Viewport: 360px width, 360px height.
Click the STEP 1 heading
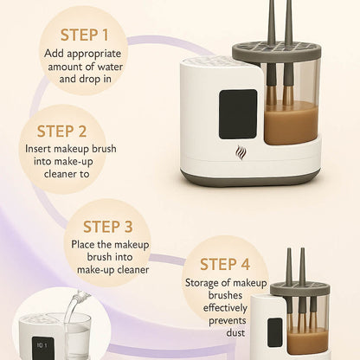(85, 35)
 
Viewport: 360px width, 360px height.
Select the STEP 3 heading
(107, 227)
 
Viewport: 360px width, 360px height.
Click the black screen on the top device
(238, 113)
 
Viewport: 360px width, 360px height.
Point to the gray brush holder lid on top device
(277, 51)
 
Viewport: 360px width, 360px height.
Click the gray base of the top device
(251, 179)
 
